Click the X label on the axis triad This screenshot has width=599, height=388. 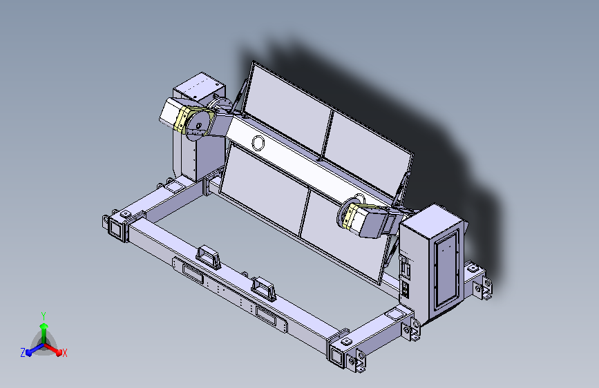(x=64, y=353)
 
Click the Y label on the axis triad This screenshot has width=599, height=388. (x=43, y=315)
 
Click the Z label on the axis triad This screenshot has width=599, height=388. (x=23, y=352)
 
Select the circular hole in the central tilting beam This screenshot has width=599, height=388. (x=258, y=144)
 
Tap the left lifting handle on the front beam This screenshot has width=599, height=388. (x=208, y=255)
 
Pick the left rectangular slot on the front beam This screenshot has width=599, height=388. (x=188, y=270)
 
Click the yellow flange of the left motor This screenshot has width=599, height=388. (x=181, y=120)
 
